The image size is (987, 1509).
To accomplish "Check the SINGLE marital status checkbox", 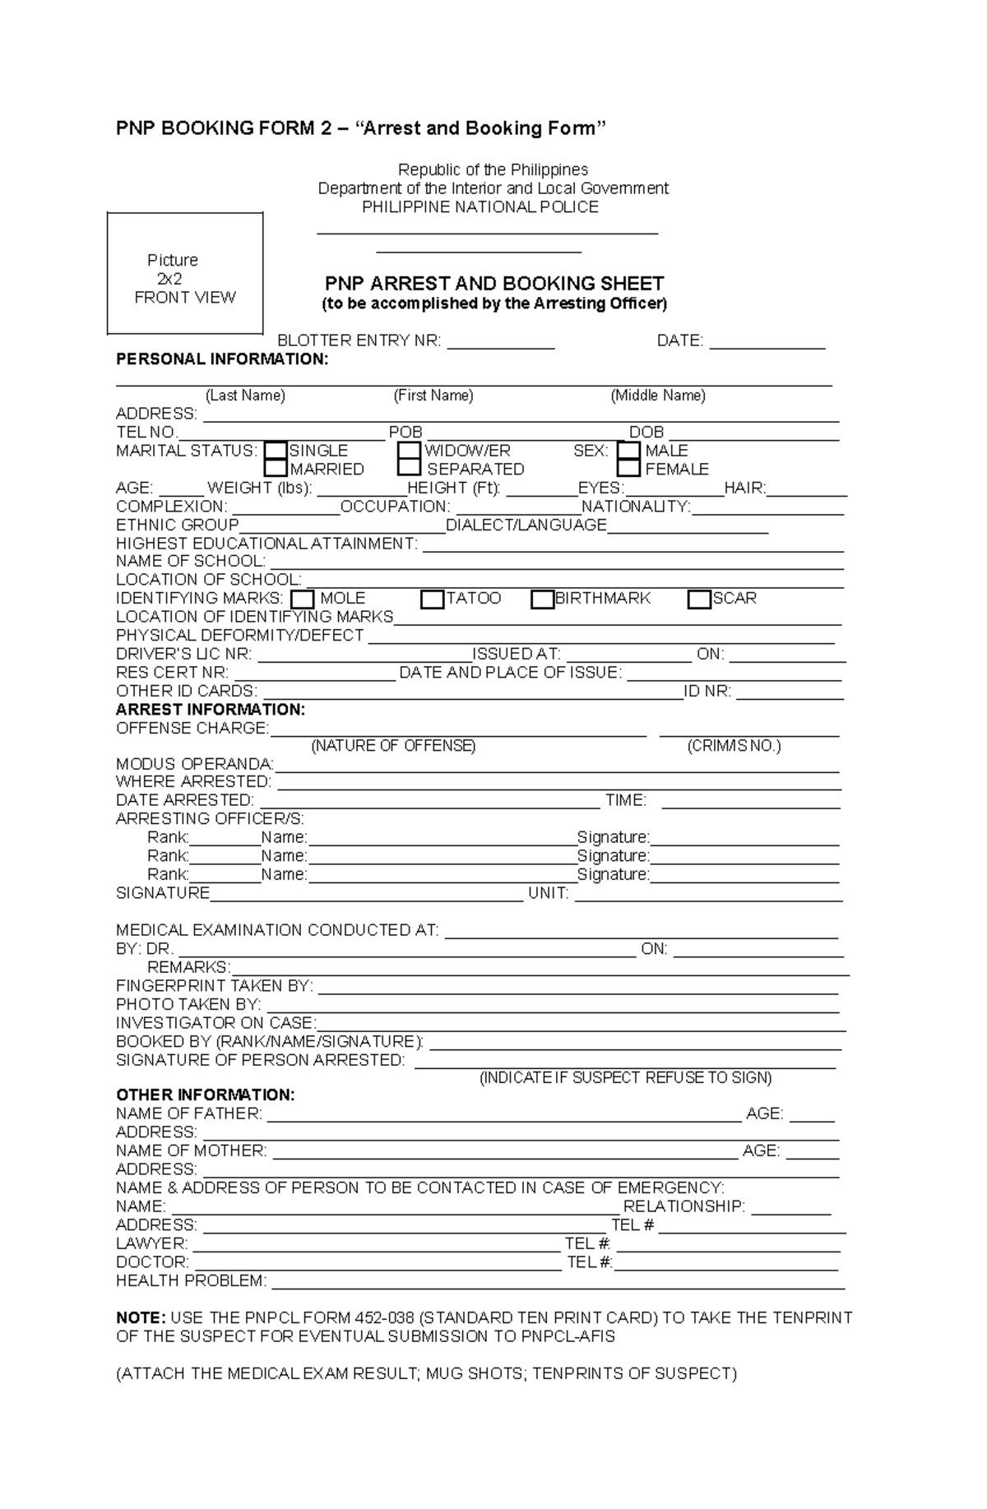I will [x=276, y=451].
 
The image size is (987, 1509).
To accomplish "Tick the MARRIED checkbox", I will [x=276, y=469].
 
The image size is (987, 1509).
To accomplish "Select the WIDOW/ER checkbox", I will [x=409, y=451].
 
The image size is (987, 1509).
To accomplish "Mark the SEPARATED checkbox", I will [x=409, y=468].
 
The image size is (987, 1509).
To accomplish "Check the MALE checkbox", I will [x=628, y=451].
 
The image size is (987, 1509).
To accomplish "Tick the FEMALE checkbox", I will [x=628, y=469].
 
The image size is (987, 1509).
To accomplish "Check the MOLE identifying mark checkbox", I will [x=303, y=599].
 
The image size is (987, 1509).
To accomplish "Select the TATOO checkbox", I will [x=432, y=599].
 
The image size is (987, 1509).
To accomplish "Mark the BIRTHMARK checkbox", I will [x=542, y=599].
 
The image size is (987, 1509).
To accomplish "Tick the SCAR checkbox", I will [x=699, y=599].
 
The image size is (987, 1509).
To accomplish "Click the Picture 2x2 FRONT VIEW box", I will [x=185, y=274].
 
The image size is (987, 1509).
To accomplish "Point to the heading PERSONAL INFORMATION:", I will [x=222, y=359].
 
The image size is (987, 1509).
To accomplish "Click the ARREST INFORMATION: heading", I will [x=211, y=710].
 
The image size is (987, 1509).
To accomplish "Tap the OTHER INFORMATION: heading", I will [x=205, y=1095].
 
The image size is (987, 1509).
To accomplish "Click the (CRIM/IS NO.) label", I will [x=734, y=746].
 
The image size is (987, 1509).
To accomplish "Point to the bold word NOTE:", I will [x=141, y=1318].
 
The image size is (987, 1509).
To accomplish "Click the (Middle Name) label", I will [x=658, y=396].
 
